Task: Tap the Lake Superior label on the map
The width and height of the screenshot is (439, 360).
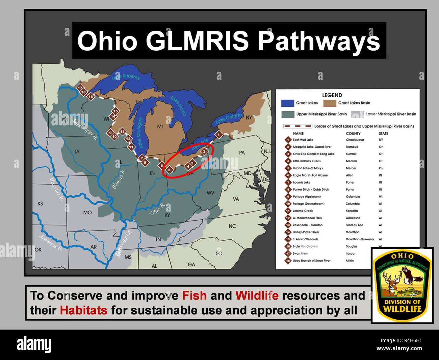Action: tap(126, 77)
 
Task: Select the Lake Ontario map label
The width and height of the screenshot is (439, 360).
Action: tap(229, 118)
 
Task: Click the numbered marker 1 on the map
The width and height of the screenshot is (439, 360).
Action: tap(218, 135)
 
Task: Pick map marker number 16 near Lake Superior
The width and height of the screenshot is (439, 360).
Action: tap(90, 97)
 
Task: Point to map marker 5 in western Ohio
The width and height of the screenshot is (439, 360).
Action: tap(170, 169)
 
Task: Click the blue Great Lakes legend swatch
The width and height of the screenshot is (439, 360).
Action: tap(287, 103)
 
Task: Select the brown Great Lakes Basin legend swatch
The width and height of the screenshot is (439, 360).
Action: tap(330, 103)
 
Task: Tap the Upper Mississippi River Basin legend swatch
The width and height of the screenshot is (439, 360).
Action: tap(287, 114)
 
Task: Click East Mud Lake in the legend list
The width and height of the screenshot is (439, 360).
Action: tap(303, 140)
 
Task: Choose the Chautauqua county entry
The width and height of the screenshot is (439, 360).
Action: tap(355, 140)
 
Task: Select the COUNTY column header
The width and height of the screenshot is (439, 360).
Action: tap(353, 134)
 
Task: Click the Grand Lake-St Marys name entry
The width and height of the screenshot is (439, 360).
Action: tap(308, 168)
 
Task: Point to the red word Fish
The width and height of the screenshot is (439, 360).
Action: tap(194, 295)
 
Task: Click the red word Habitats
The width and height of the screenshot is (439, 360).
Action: tap(83, 310)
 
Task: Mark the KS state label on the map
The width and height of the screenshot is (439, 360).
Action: tap(40, 204)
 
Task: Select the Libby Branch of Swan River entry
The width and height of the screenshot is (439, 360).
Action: tap(311, 261)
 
